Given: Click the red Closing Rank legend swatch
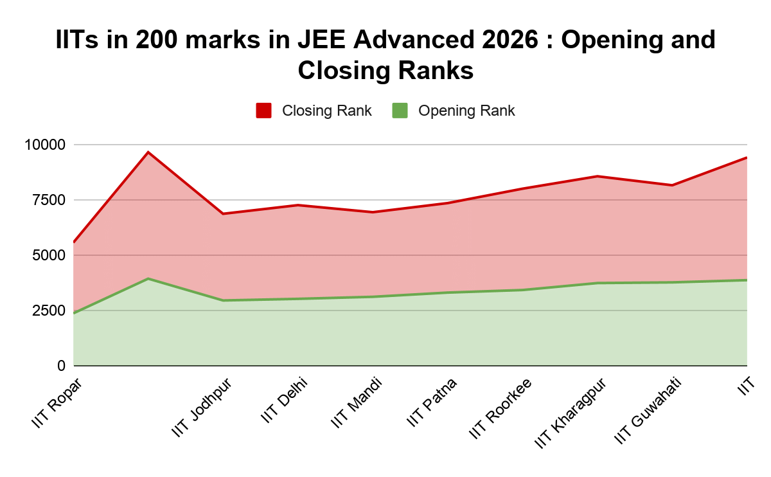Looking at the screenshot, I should [263, 111].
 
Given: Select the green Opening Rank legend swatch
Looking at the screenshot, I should [400, 111].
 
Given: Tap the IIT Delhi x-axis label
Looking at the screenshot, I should [284, 401].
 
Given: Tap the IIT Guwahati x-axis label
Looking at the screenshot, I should [648, 411].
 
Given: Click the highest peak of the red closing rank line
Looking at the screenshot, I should [148, 152].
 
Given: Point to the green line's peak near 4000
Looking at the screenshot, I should [148, 278].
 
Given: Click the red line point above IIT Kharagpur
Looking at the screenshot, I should [598, 176].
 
